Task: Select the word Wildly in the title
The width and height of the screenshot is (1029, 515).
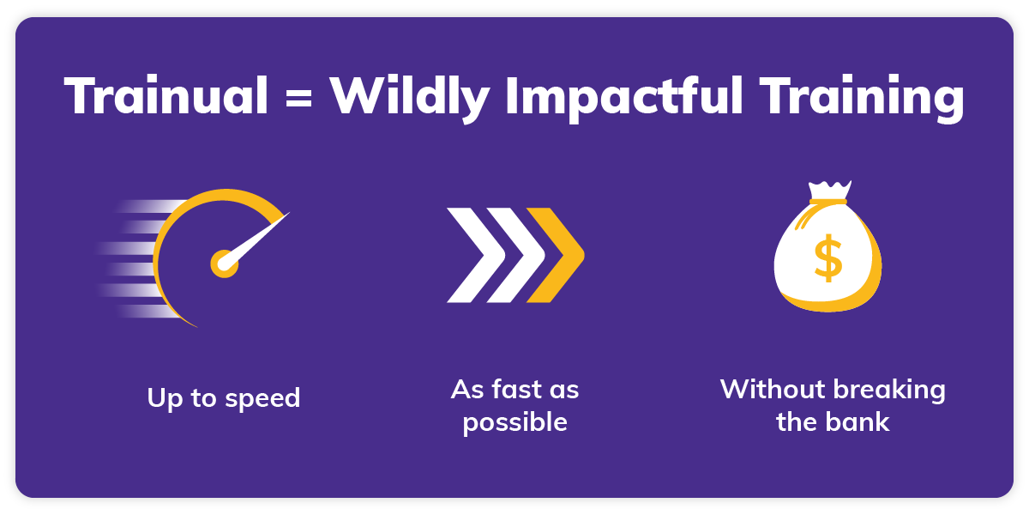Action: (411, 96)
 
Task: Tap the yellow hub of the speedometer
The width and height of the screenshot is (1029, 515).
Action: (225, 264)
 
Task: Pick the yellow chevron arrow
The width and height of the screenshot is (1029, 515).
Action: (558, 255)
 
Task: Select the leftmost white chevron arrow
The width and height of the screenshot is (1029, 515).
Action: (466, 255)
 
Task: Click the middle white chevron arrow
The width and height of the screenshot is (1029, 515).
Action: (513, 255)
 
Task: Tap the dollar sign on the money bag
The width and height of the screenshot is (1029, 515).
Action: (827, 259)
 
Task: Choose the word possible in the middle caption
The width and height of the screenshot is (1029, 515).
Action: (514, 422)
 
